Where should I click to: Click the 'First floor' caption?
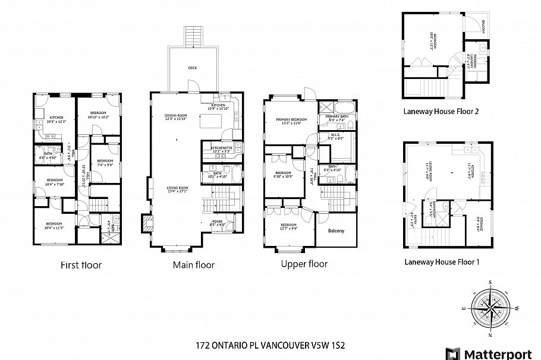pos(81,266)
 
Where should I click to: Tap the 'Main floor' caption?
pos(193,265)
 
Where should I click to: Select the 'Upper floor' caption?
pos(304,264)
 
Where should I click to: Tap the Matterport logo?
pos(490,354)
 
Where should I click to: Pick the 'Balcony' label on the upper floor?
pos(336,231)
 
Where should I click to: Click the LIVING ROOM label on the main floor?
pos(177,189)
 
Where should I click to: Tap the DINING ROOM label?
pos(176,116)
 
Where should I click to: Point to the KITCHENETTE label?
pos(221,149)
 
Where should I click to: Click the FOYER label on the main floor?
pos(218,223)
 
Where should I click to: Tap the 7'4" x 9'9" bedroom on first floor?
pos(105,163)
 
